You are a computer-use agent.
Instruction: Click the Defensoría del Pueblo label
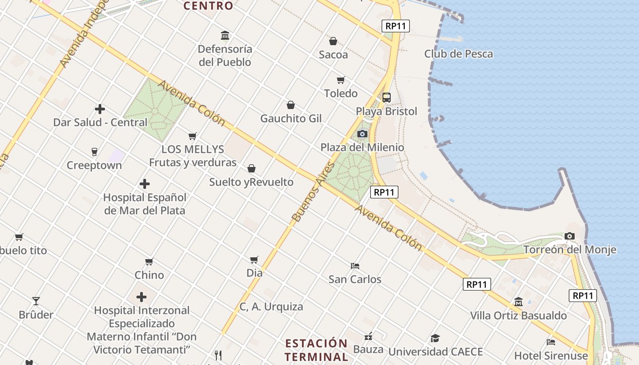click(x=225, y=55)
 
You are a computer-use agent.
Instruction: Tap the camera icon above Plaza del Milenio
click(x=362, y=134)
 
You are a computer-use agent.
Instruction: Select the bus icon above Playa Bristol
click(x=387, y=97)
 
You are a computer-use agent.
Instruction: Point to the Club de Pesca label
click(x=458, y=54)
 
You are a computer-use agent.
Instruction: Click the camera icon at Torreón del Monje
click(x=569, y=236)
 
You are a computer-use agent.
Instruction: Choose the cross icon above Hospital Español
click(x=145, y=184)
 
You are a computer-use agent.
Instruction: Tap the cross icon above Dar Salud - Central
click(x=100, y=109)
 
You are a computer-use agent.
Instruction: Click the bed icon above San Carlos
click(x=355, y=266)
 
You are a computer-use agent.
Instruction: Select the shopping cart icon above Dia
click(x=254, y=260)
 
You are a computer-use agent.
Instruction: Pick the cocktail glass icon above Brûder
click(x=36, y=301)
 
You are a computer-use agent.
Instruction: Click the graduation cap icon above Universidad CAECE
click(x=435, y=338)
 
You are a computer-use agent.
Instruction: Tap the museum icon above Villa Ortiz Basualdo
click(x=519, y=302)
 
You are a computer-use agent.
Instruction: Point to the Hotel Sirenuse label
click(x=551, y=355)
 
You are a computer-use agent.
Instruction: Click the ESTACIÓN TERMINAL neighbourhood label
click(x=316, y=350)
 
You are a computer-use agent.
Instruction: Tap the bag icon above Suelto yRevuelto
click(x=251, y=168)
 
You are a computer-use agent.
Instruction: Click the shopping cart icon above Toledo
click(x=340, y=80)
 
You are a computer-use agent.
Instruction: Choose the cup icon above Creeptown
click(x=94, y=151)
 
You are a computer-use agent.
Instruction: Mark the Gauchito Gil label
click(x=291, y=119)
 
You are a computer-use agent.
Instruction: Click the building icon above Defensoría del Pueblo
click(x=225, y=35)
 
